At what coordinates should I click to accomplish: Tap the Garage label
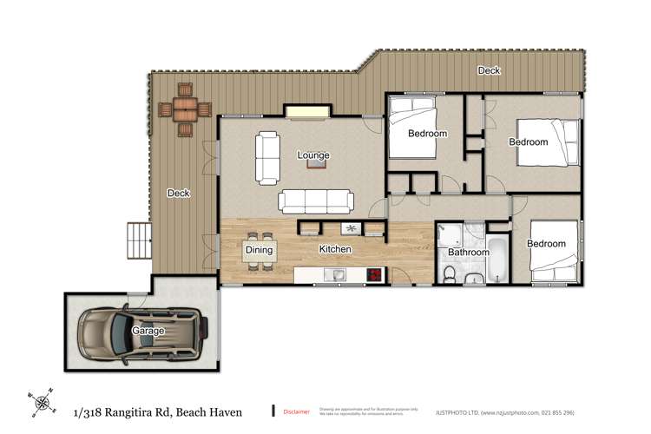pyautogui.click(x=148, y=332)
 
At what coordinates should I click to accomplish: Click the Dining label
pyautogui.click(x=259, y=250)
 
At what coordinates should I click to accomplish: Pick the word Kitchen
pyautogui.click(x=335, y=249)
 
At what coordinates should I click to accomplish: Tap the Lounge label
pyautogui.click(x=313, y=155)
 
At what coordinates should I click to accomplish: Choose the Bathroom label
pyautogui.click(x=469, y=253)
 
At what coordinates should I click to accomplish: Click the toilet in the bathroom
pyautogui.click(x=449, y=274)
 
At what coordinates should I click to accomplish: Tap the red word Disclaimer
pyautogui.click(x=296, y=411)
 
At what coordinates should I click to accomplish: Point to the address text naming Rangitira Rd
pyautogui.click(x=158, y=411)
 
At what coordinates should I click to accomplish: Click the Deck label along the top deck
pyautogui.click(x=489, y=70)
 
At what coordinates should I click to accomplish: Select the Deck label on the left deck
pyautogui.click(x=178, y=193)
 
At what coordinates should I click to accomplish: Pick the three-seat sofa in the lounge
pyautogui.click(x=316, y=201)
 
